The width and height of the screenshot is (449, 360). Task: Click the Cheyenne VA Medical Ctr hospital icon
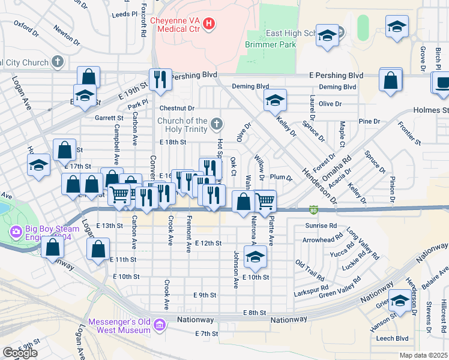tap(209, 24)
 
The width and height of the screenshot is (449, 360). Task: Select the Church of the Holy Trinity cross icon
tap(217, 125)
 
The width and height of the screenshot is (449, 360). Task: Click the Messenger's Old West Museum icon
tap(159, 326)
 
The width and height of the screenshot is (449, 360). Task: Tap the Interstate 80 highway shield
tap(313, 210)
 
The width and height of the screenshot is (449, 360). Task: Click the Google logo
tap(20, 353)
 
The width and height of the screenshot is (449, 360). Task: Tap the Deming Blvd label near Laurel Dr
tap(337, 87)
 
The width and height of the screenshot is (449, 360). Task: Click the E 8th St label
tap(255, 313)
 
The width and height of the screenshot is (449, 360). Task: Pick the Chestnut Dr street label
tap(177, 109)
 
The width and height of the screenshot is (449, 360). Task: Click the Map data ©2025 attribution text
tap(424, 355)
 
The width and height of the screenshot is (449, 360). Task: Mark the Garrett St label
tap(108, 119)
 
